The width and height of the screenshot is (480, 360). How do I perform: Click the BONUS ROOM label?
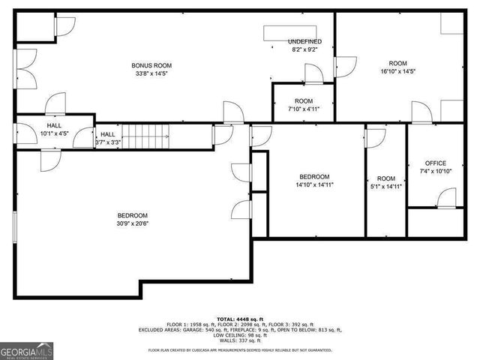(x=147, y=65)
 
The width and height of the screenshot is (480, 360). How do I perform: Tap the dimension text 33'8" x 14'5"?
(x=147, y=73)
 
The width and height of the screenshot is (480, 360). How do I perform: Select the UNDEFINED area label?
(x=304, y=41)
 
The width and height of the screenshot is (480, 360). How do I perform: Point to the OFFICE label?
(x=436, y=163)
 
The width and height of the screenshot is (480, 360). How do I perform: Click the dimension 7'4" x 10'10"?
(x=436, y=171)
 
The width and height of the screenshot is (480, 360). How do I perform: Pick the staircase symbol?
(x=147, y=137)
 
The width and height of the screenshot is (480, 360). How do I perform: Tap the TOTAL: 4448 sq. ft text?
(x=240, y=319)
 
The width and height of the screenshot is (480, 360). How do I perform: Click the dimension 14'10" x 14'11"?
(x=315, y=184)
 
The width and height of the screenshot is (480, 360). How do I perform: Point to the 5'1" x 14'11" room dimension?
(x=386, y=186)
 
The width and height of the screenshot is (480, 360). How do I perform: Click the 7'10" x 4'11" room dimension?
(x=304, y=109)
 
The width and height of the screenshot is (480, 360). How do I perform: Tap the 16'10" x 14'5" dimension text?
(x=397, y=71)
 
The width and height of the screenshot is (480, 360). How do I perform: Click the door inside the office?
(x=447, y=198)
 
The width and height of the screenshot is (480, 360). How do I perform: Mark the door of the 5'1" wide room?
(x=374, y=138)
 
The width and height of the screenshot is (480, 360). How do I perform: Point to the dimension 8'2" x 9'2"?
(x=304, y=49)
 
